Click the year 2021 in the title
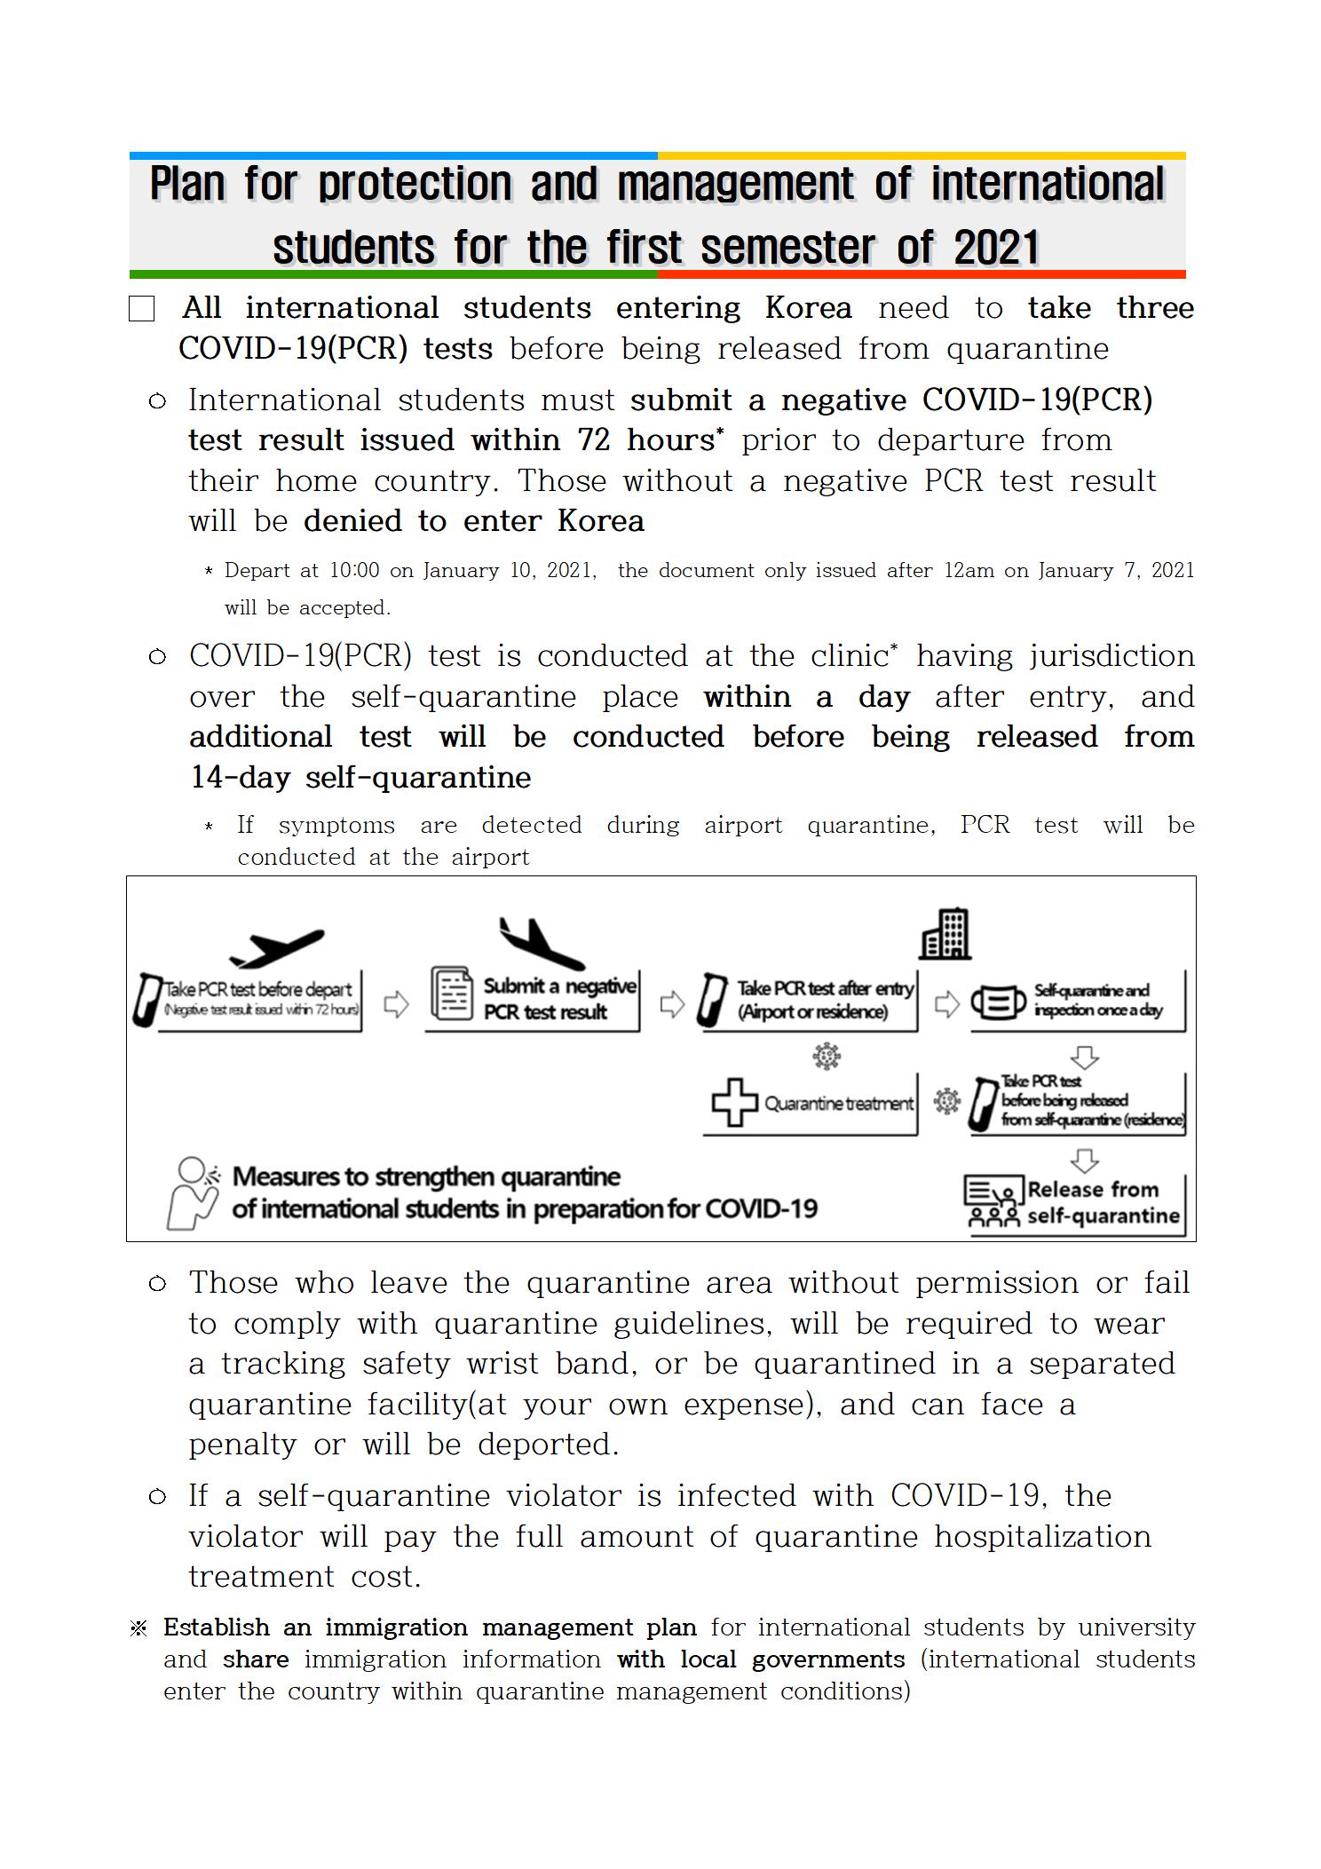click(995, 247)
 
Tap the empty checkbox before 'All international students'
click(141, 309)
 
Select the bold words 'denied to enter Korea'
click(473, 521)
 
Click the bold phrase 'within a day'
click(806, 697)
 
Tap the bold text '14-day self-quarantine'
click(360, 778)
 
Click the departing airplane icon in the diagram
click(276, 948)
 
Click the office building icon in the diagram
click(945, 934)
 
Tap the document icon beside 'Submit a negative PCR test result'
click(452, 994)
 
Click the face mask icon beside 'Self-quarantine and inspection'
click(998, 1002)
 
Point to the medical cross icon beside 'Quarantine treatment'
click(734, 1104)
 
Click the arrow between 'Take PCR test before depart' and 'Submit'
click(396, 1004)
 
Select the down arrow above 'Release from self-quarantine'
click(1085, 1160)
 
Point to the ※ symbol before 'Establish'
click(138, 1628)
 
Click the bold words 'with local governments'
click(761, 1659)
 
